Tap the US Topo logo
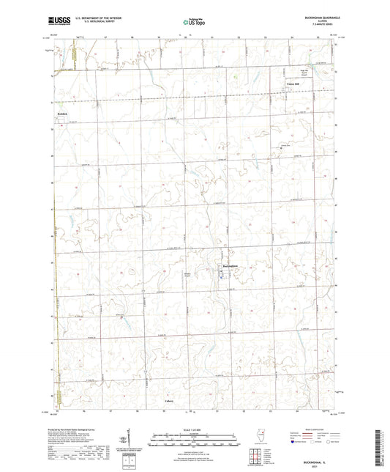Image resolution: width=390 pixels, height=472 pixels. point(192,23)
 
